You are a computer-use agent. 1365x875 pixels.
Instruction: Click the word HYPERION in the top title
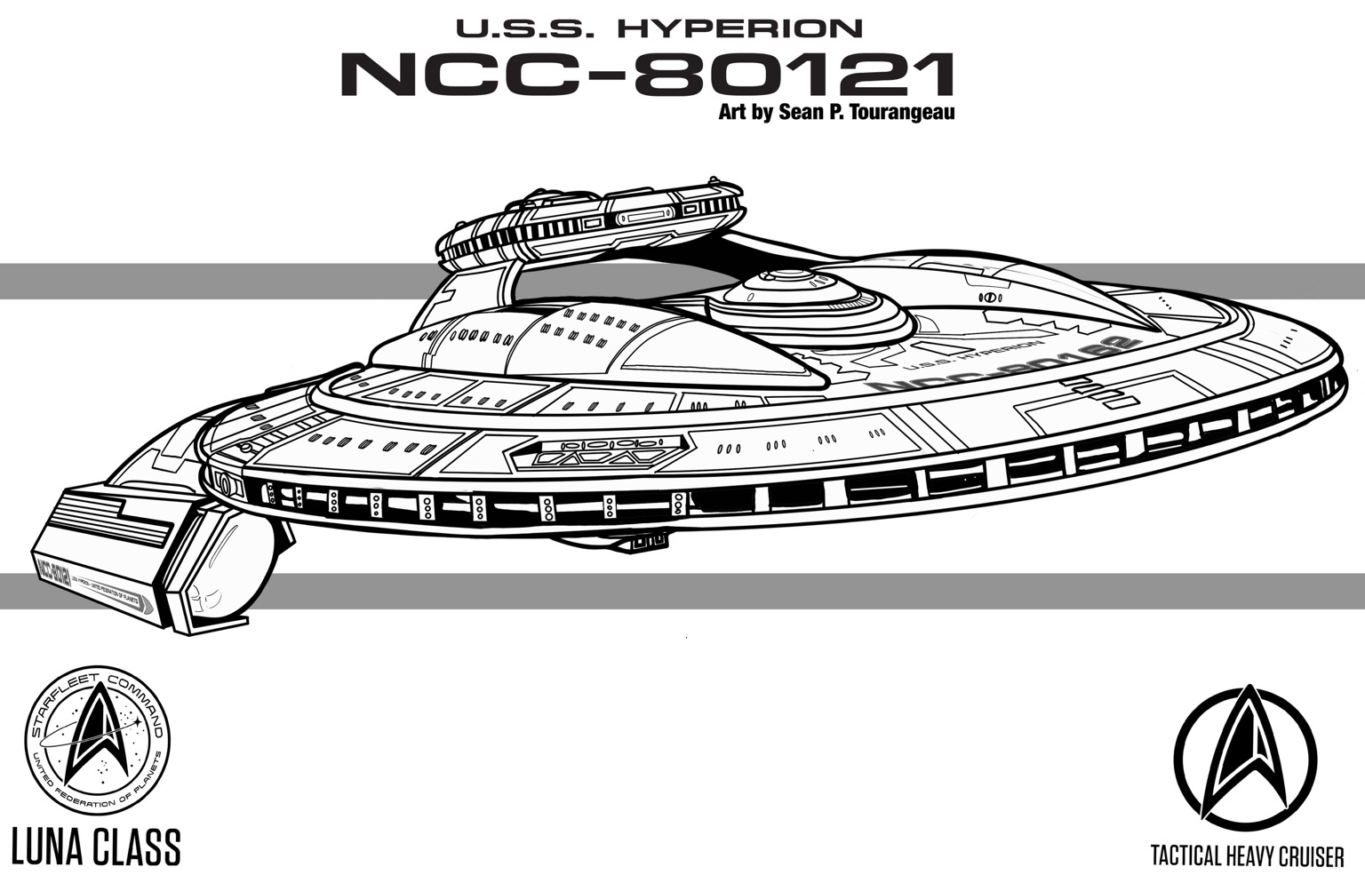(x=739, y=28)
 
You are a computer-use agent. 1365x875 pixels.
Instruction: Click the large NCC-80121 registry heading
(x=647, y=75)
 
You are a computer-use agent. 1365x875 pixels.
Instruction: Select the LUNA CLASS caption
(x=95, y=846)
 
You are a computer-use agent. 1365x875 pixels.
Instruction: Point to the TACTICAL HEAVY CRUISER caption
(x=1247, y=856)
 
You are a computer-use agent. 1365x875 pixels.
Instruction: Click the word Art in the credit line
(x=730, y=113)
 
